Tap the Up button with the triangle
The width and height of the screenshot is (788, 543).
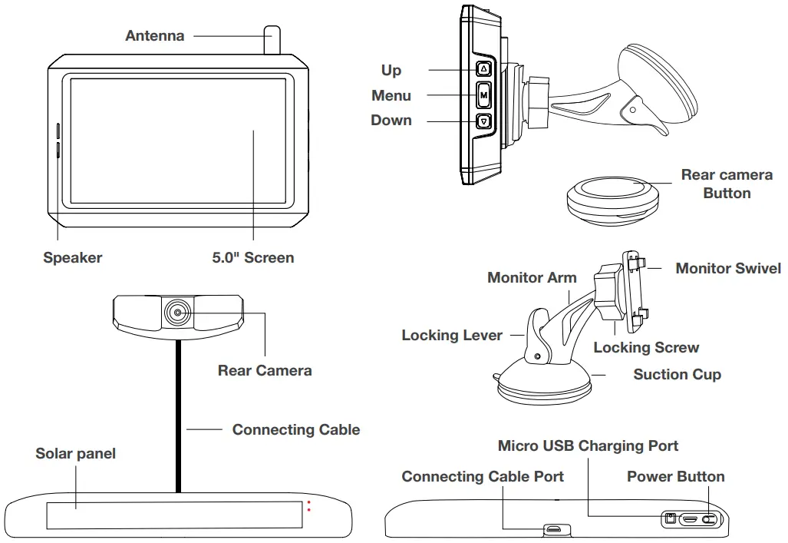pos(483,69)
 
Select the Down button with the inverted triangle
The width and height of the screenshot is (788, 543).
pos(483,121)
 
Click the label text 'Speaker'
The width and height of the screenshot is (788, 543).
pos(72,258)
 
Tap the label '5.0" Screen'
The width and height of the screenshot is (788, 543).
pos(252,258)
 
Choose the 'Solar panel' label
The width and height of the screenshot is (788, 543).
pos(75,454)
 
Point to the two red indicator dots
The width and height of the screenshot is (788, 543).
pos(309,508)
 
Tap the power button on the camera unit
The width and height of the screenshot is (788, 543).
pos(711,519)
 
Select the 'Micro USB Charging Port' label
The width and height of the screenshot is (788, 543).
pos(588,445)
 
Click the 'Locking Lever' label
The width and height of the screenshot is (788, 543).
pos(452,336)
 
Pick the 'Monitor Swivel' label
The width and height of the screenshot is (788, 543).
pos(727,268)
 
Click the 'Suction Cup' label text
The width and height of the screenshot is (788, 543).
pos(677,375)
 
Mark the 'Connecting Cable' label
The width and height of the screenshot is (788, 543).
pos(295,429)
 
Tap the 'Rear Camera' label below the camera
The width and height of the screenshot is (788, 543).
pos(265,371)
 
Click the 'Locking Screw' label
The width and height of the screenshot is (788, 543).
pos(646,348)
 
